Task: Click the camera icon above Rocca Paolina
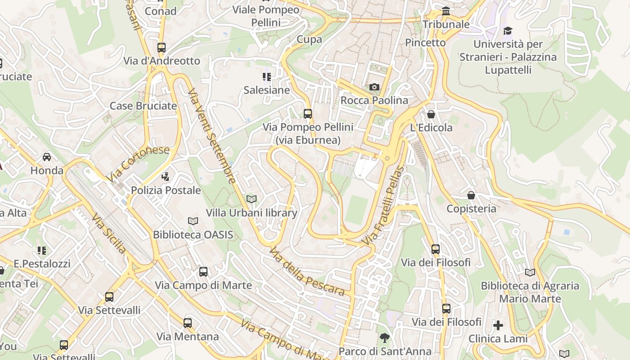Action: coord(374,87)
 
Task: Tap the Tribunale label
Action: coord(445,24)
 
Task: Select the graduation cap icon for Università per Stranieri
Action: coord(508,31)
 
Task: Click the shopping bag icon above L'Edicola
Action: coord(431,114)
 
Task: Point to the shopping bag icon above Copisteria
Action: coord(471,195)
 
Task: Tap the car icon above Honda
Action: coord(47,157)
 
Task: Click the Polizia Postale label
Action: coord(166,190)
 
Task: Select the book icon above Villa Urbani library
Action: coord(252,199)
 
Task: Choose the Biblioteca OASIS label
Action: coord(193,234)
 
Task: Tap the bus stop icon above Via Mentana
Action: coord(188,323)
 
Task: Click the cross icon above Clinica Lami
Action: coord(498,325)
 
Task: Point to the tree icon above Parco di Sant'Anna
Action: coord(384,337)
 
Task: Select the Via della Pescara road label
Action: coord(307,271)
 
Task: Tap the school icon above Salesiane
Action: coord(267,77)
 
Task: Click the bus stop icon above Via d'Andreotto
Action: coord(162,47)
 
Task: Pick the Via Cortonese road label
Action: coord(139,164)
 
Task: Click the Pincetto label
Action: coord(425,43)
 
